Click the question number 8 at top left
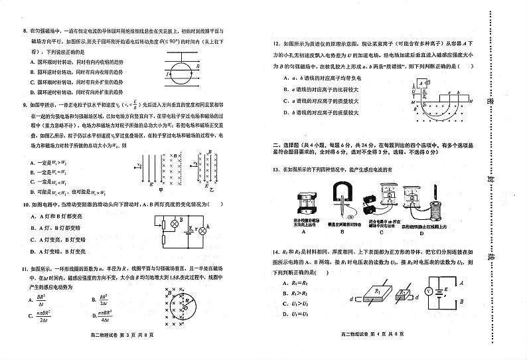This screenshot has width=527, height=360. click(24, 31)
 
